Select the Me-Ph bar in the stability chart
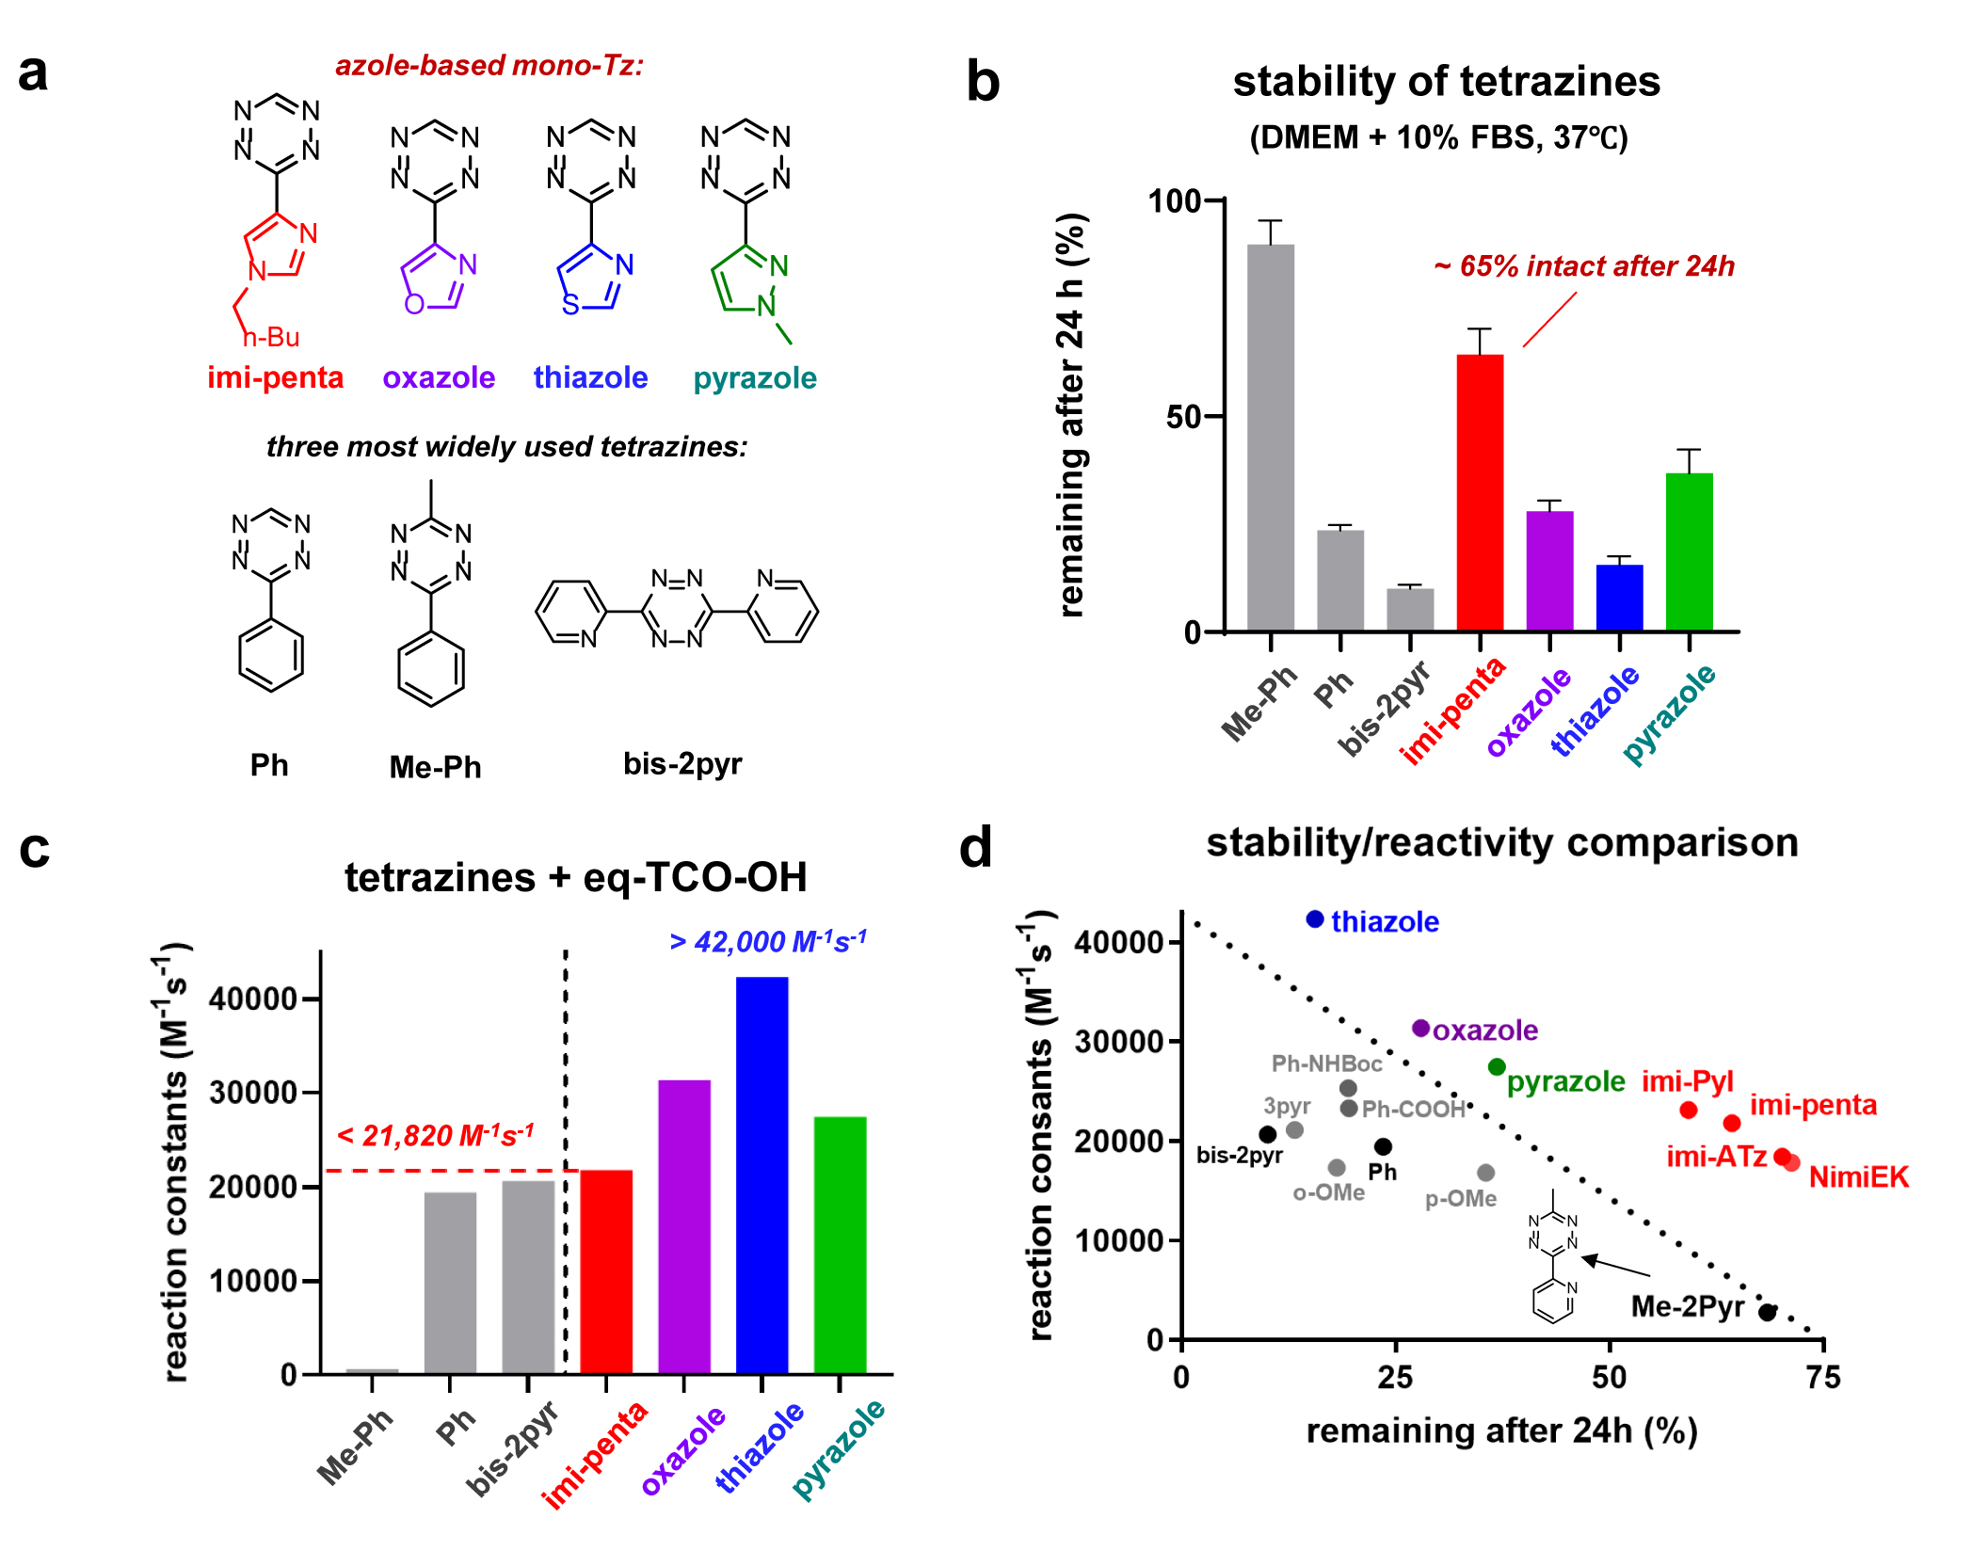point(1270,437)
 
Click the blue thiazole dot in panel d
point(1315,919)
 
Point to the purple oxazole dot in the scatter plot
point(1421,1029)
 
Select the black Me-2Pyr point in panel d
point(1767,1312)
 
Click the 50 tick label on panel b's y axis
point(1182,417)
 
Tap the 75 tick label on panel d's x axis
point(1823,1378)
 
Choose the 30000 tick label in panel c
point(252,1094)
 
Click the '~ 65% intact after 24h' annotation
point(1584,266)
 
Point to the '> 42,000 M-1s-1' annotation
point(767,941)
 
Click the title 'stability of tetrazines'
point(1446,82)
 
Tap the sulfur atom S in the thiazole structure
point(570,304)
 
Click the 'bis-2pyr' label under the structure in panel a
point(682,763)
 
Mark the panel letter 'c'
point(35,850)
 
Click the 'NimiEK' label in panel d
point(1858,1176)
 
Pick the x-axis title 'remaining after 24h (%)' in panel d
point(1501,1430)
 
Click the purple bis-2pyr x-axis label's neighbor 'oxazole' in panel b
point(1530,711)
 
